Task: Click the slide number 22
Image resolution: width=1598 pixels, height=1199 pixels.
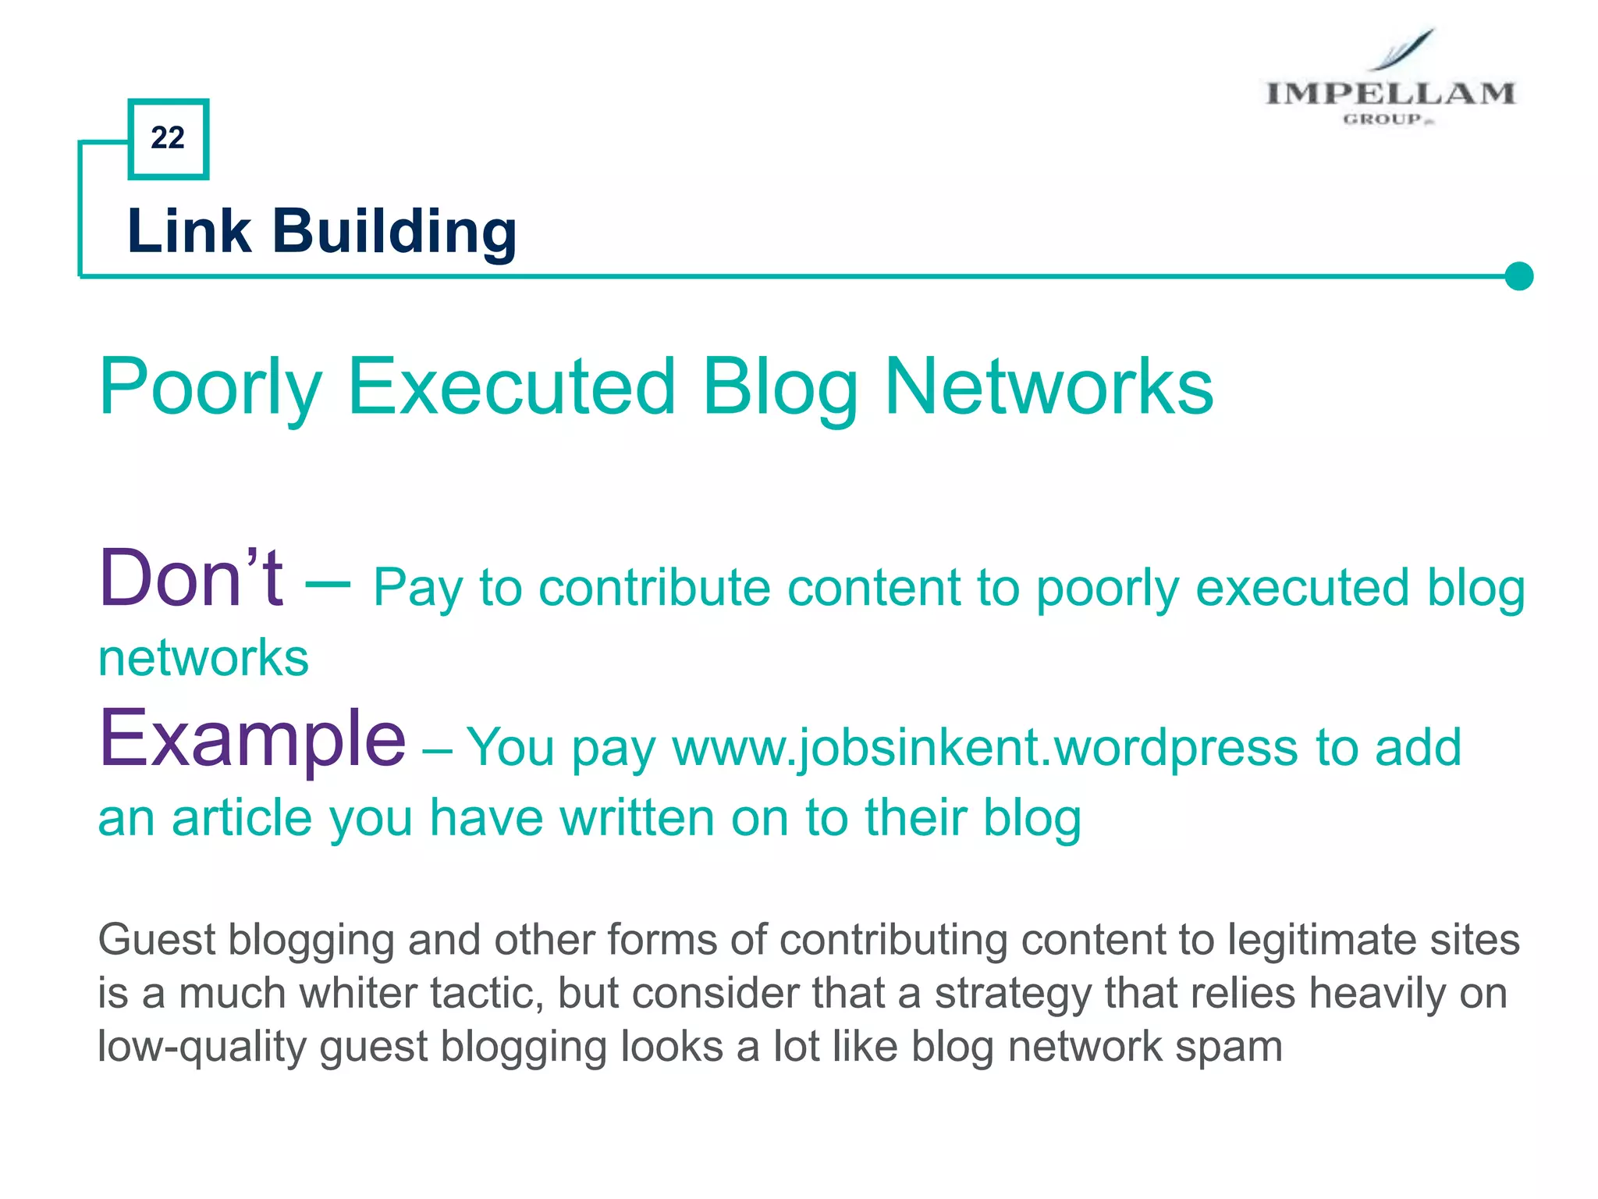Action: [168, 138]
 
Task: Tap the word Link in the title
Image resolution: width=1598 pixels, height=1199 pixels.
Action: [189, 232]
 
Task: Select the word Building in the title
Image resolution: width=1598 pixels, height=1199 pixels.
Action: [394, 232]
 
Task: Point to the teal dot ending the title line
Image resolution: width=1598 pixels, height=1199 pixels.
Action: [1518, 276]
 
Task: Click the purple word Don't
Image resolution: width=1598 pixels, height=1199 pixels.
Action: [191, 579]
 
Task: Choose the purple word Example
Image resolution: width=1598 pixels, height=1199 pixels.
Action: [252, 738]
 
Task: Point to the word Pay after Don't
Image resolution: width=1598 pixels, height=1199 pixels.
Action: [417, 589]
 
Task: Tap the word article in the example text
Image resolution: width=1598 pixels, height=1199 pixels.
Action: [242, 818]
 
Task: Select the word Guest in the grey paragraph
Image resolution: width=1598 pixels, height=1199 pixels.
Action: [157, 939]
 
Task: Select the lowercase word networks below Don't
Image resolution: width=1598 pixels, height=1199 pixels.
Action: [204, 658]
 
